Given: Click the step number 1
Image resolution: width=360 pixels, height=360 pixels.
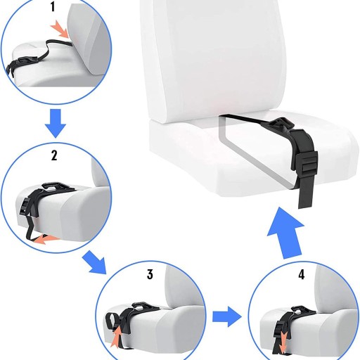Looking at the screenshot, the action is click(53, 6).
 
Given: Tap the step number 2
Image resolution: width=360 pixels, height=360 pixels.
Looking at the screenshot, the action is click(54, 155).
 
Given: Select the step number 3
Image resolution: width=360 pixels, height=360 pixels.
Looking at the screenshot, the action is click(150, 274).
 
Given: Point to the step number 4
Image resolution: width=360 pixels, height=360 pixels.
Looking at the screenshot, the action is click(302, 274).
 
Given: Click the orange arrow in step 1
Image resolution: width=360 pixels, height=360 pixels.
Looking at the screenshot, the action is click(60, 29).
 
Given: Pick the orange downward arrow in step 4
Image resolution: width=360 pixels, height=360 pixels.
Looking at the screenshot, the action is click(284, 342).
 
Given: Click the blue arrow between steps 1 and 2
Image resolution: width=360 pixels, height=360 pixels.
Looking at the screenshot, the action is click(56, 123).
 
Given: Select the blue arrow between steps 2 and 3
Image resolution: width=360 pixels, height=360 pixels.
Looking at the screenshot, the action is click(95, 262).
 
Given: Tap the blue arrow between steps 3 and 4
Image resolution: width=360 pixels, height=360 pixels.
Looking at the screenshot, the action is click(227, 316).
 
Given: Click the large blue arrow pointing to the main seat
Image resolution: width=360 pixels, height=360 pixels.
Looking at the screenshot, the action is click(285, 233).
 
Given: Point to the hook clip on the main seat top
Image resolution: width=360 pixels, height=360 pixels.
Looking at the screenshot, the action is click(278, 124).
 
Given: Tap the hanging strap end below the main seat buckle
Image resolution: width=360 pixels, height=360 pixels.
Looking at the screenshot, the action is click(306, 193).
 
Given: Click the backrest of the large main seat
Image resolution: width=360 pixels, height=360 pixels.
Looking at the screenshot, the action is click(214, 58).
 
